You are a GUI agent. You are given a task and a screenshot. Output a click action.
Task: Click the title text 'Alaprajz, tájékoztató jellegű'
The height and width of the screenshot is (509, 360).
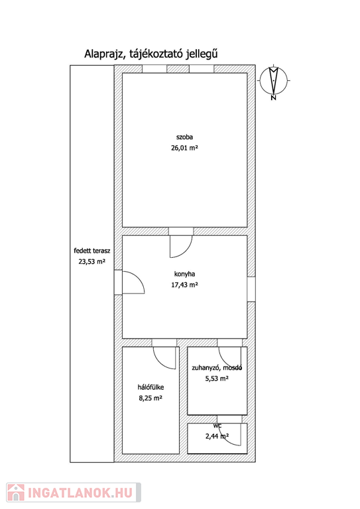[151, 54]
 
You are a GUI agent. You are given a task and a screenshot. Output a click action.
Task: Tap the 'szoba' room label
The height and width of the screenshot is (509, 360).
[185, 137]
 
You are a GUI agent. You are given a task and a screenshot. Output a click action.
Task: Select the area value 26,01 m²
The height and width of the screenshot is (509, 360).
[185, 148]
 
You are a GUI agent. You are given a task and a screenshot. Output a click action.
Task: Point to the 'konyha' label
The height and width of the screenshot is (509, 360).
[185, 274]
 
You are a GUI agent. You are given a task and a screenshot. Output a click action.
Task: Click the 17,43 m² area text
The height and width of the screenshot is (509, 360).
[185, 285]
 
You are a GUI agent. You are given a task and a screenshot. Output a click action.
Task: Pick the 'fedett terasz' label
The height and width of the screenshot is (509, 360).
[92, 251]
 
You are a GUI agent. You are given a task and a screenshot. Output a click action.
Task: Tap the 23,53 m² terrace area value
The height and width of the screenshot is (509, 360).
[92, 261]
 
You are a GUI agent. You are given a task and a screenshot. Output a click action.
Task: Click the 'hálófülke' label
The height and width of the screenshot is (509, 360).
[150, 387]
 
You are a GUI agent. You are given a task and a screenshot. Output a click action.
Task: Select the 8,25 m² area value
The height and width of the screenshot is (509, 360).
[150, 398]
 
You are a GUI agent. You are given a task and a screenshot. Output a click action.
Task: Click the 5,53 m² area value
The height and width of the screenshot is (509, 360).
[217, 378]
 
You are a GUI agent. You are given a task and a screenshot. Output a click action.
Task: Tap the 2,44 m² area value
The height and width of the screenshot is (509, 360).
[217, 436]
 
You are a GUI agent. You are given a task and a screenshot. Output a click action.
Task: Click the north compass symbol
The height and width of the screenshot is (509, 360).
[274, 80]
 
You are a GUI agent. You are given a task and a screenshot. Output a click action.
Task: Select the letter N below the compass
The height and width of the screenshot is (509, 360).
[273, 97]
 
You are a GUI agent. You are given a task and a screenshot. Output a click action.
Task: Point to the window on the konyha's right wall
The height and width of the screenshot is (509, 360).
[251, 289]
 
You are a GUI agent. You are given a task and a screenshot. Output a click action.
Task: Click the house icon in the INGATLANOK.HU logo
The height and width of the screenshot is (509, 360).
[16, 492]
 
